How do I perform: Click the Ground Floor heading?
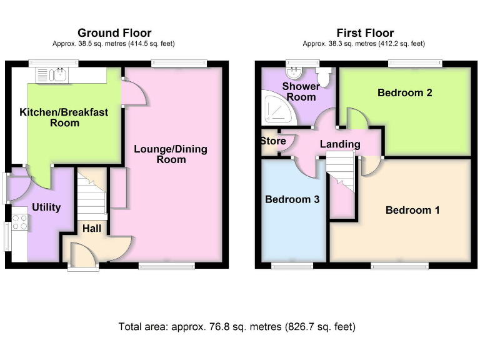click(114, 33)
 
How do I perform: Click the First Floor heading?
click(365, 33)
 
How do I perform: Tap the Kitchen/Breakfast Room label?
click(64, 117)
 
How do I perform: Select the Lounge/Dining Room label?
click(171, 154)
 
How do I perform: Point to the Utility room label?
click(46, 207)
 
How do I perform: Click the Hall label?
click(92, 229)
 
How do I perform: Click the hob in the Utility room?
click(18, 222)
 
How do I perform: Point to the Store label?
click(273, 141)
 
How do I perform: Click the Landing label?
click(340, 144)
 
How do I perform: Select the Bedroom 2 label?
click(405, 92)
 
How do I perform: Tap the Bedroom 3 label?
click(292, 199)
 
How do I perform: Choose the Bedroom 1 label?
click(412, 210)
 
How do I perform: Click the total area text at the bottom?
click(237, 326)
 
